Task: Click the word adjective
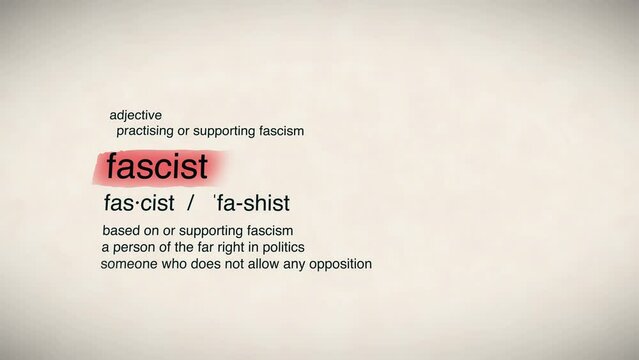135,116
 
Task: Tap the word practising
145,131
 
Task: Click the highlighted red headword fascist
157,166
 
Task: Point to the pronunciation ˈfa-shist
251,203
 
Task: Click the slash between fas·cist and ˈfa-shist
188,203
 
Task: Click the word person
133,247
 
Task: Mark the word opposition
339,264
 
